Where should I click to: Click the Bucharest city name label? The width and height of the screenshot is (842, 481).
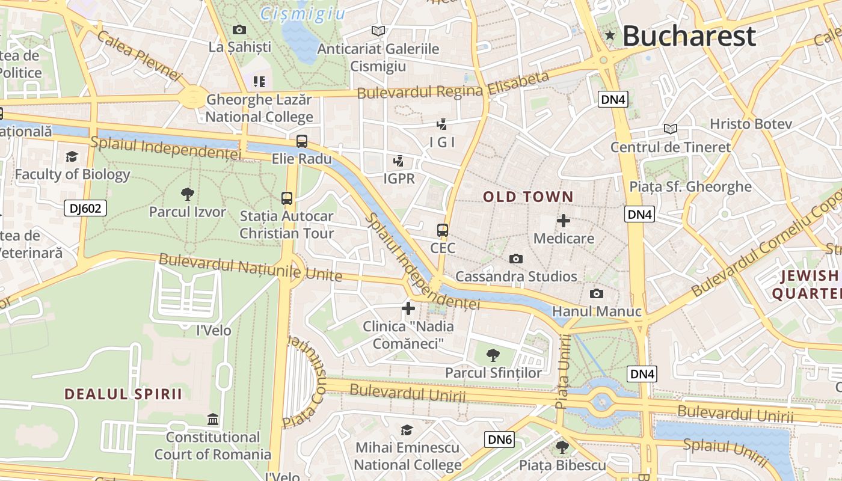689,36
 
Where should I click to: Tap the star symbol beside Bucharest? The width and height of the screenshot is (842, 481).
610,36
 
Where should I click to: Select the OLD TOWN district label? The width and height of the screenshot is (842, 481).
528,197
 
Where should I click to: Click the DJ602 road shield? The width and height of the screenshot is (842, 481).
85,208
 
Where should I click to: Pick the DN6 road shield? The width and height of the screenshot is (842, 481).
500,440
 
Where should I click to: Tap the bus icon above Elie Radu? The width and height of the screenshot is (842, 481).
302,141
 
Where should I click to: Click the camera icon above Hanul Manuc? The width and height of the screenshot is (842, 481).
597,293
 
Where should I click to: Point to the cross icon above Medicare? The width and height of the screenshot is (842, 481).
564,221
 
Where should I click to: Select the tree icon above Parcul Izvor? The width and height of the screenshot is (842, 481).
187,194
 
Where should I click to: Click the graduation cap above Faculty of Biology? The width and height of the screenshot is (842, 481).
72,156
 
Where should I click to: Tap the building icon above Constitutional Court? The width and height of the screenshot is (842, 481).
213,419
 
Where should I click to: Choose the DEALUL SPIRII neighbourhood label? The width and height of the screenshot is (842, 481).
123,394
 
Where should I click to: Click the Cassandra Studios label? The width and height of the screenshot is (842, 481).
516,277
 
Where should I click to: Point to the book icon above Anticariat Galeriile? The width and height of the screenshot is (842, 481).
378,31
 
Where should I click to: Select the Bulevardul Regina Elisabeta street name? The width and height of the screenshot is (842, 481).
453,85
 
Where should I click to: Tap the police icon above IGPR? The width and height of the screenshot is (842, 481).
398,161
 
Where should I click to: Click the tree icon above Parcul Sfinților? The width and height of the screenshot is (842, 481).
493,355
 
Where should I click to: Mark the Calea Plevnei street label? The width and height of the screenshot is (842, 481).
138,56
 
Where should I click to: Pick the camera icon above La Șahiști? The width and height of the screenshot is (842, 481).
239,29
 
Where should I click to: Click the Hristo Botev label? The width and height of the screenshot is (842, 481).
751,124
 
